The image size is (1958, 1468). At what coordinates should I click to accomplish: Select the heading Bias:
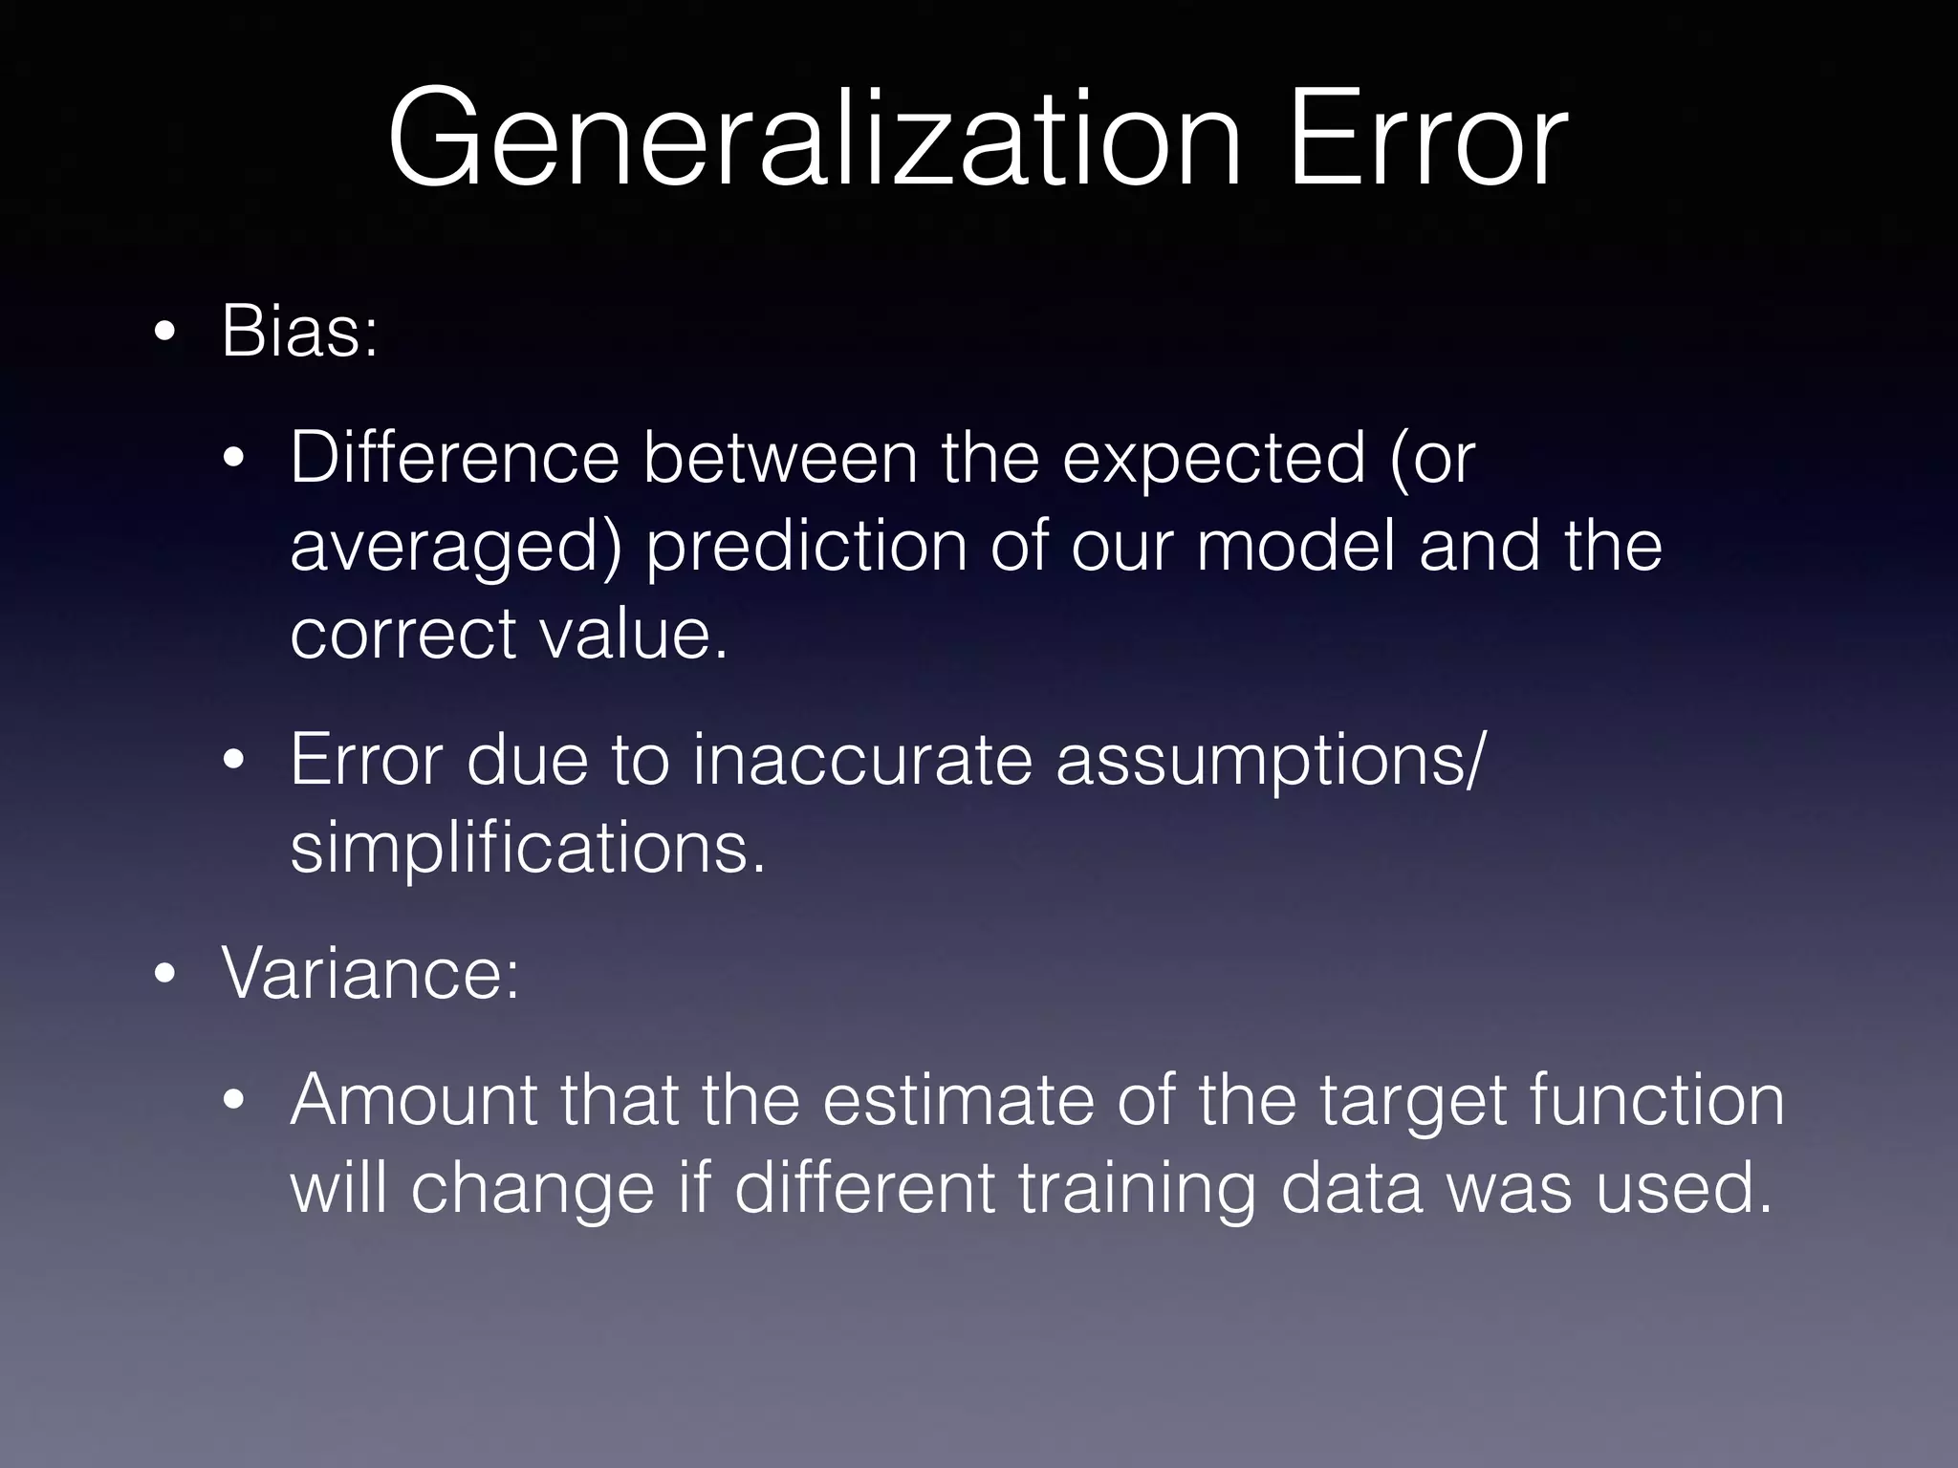click(x=299, y=331)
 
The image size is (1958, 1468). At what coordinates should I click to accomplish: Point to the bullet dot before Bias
click(x=164, y=334)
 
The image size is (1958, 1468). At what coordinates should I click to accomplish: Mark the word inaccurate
click(x=862, y=760)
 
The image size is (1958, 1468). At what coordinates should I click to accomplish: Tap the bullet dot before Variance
click(x=164, y=975)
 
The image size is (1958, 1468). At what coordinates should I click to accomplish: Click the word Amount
click(x=414, y=1100)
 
